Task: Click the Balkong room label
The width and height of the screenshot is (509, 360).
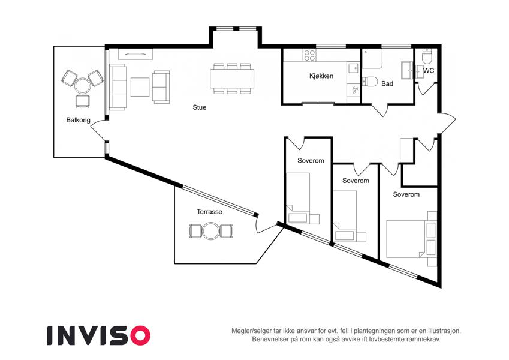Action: [78, 120]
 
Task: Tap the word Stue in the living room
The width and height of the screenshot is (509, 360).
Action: [199, 107]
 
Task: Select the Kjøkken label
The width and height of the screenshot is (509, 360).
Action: [321, 76]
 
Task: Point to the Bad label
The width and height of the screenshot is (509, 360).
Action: [387, 84]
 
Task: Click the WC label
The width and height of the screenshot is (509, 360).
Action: [429, 71]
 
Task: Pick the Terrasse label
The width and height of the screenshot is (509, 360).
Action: [209, 212]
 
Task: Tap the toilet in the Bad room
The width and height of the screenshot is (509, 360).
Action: [370, 82]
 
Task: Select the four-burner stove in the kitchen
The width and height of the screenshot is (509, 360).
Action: [309, 56]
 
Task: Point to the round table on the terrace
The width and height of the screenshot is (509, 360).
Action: [211, 231]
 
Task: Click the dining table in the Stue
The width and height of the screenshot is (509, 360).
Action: [232, 79]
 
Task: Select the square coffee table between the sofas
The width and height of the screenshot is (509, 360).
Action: [140, 87]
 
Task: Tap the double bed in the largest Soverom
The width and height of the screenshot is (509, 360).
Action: [411, 239]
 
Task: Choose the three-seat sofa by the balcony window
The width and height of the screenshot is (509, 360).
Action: [118, 87]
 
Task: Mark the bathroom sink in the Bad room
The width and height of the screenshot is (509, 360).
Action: [408, 70]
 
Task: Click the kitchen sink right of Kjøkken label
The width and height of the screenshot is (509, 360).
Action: [353, 68]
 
